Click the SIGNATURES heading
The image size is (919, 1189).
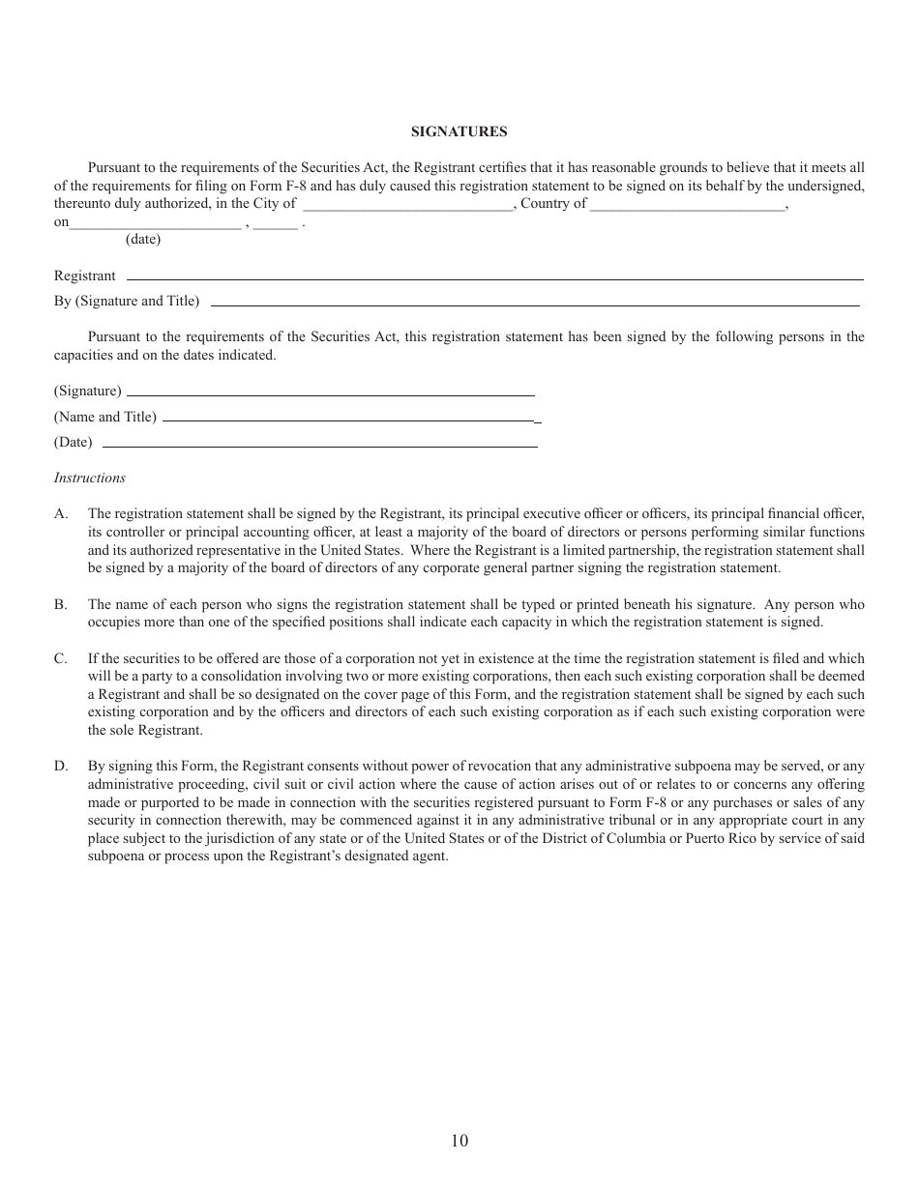[x=459, y=131]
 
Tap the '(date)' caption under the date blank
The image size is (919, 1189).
[x=143, y=240]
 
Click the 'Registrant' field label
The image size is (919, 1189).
[x=84, y=276]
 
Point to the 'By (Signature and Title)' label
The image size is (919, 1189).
[x=127, y=302]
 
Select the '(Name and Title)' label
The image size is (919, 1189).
[x=104, y=417]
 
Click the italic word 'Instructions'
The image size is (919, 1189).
[x=90, y=478]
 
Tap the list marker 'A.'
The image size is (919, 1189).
[x=61, y=514]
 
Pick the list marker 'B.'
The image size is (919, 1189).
[x=61, y=604]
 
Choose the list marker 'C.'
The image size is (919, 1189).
[x=61, y=658]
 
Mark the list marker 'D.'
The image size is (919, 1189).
[x=61, y=767]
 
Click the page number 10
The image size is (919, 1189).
[x=459, y=1141]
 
